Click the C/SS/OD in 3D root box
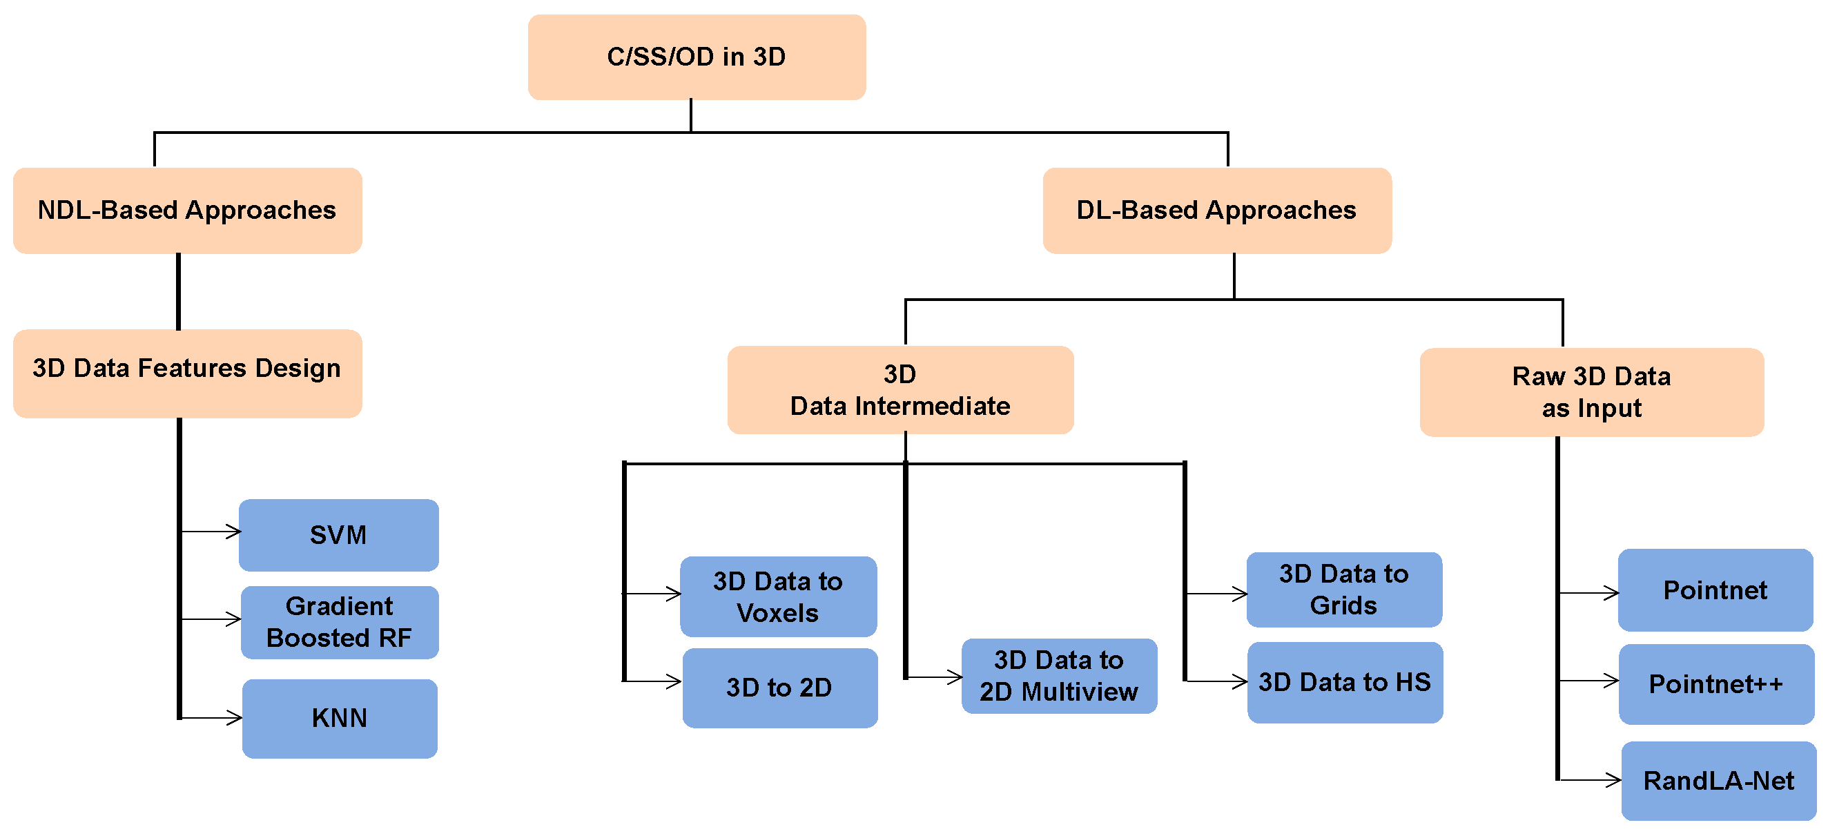tap(696, 57)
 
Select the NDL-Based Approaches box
tap(187, 210)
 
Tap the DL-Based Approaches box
tap(1216, 210)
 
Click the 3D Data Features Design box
tap(187, 373)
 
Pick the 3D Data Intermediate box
tap(900, 389)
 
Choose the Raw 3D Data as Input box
tap(1591, 391)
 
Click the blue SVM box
tap(338, 534)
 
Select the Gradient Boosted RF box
tap(339, 622)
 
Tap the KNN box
tap(339, 718)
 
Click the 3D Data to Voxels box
tap(778, 596)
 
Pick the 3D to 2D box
tap(779, 687)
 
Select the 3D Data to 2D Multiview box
tap(1059, 676)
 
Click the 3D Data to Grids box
tap(1343, 589)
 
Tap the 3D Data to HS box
tap(1345, 682)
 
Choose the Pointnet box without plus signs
tap(1715, 589)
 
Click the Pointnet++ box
tap(1716, 683)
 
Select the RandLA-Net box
tap(1718, 780)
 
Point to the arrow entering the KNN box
tap(213, 718)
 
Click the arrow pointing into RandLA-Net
tap(1591, 780)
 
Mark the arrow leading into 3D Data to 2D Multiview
tap(935, 677)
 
